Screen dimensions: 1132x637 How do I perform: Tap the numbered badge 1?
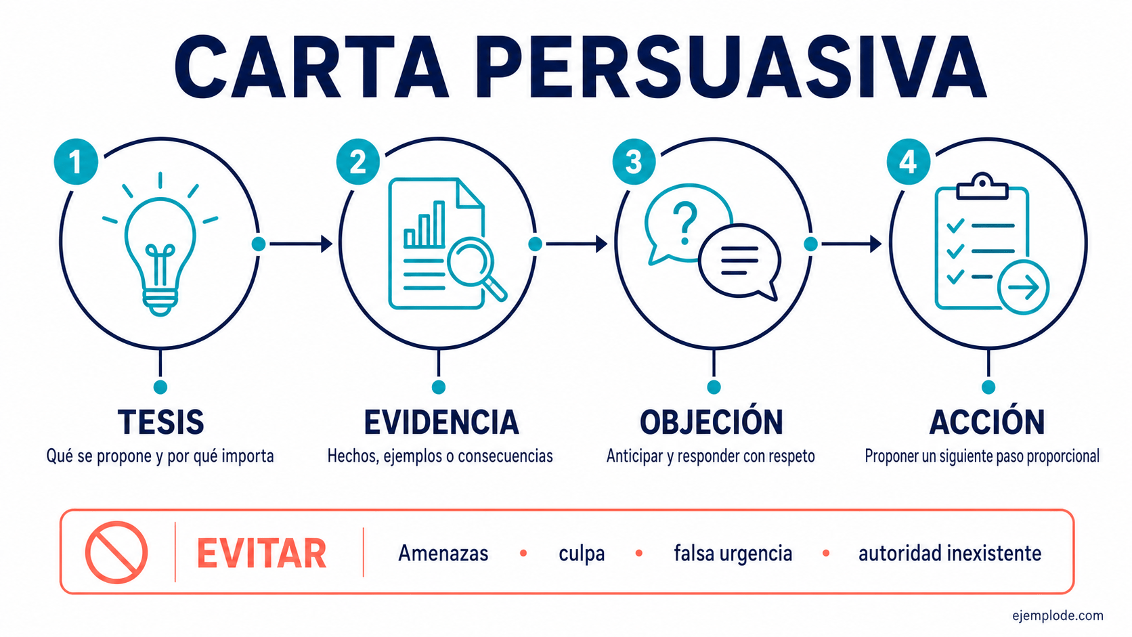tap(76, 162)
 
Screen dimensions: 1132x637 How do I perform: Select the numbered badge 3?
tap(634, 162)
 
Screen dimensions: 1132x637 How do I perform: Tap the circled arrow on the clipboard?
tap(1024, 288)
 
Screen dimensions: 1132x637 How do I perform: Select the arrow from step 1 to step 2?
tap(301, 244)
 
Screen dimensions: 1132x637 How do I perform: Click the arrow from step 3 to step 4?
tap(852, 244)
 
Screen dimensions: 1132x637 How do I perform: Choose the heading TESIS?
tap(160, 422)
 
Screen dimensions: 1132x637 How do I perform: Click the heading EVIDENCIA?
tap(441, 422)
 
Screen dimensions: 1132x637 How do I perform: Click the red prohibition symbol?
tap(116, 552)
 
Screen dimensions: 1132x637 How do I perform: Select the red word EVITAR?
tap(261, 554)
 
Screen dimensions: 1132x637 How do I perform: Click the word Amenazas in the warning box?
tap(443, 553)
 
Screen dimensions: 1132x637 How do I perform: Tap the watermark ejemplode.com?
tap(1058, 616)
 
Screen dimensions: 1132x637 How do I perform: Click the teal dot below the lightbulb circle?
tap(160, 387)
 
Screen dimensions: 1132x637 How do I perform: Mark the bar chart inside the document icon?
tap(425, 224)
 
